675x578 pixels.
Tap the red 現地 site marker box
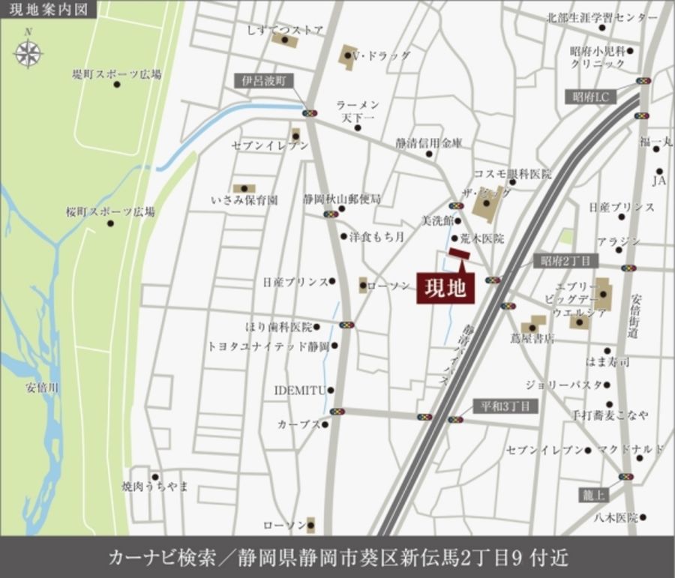[x=445, y=287]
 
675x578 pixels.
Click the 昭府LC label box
[x=590, y=97]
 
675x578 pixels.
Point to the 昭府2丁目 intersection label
[x=566, y=261]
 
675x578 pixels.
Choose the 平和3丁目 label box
[x=505, y=406]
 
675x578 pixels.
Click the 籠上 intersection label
[x=593, y=495]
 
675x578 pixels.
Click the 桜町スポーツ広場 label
[x=109, y=212]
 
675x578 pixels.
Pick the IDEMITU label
[x=299, y=390]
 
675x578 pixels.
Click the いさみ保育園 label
[x=244, y=200]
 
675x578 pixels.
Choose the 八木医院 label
[x=616, y=517]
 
